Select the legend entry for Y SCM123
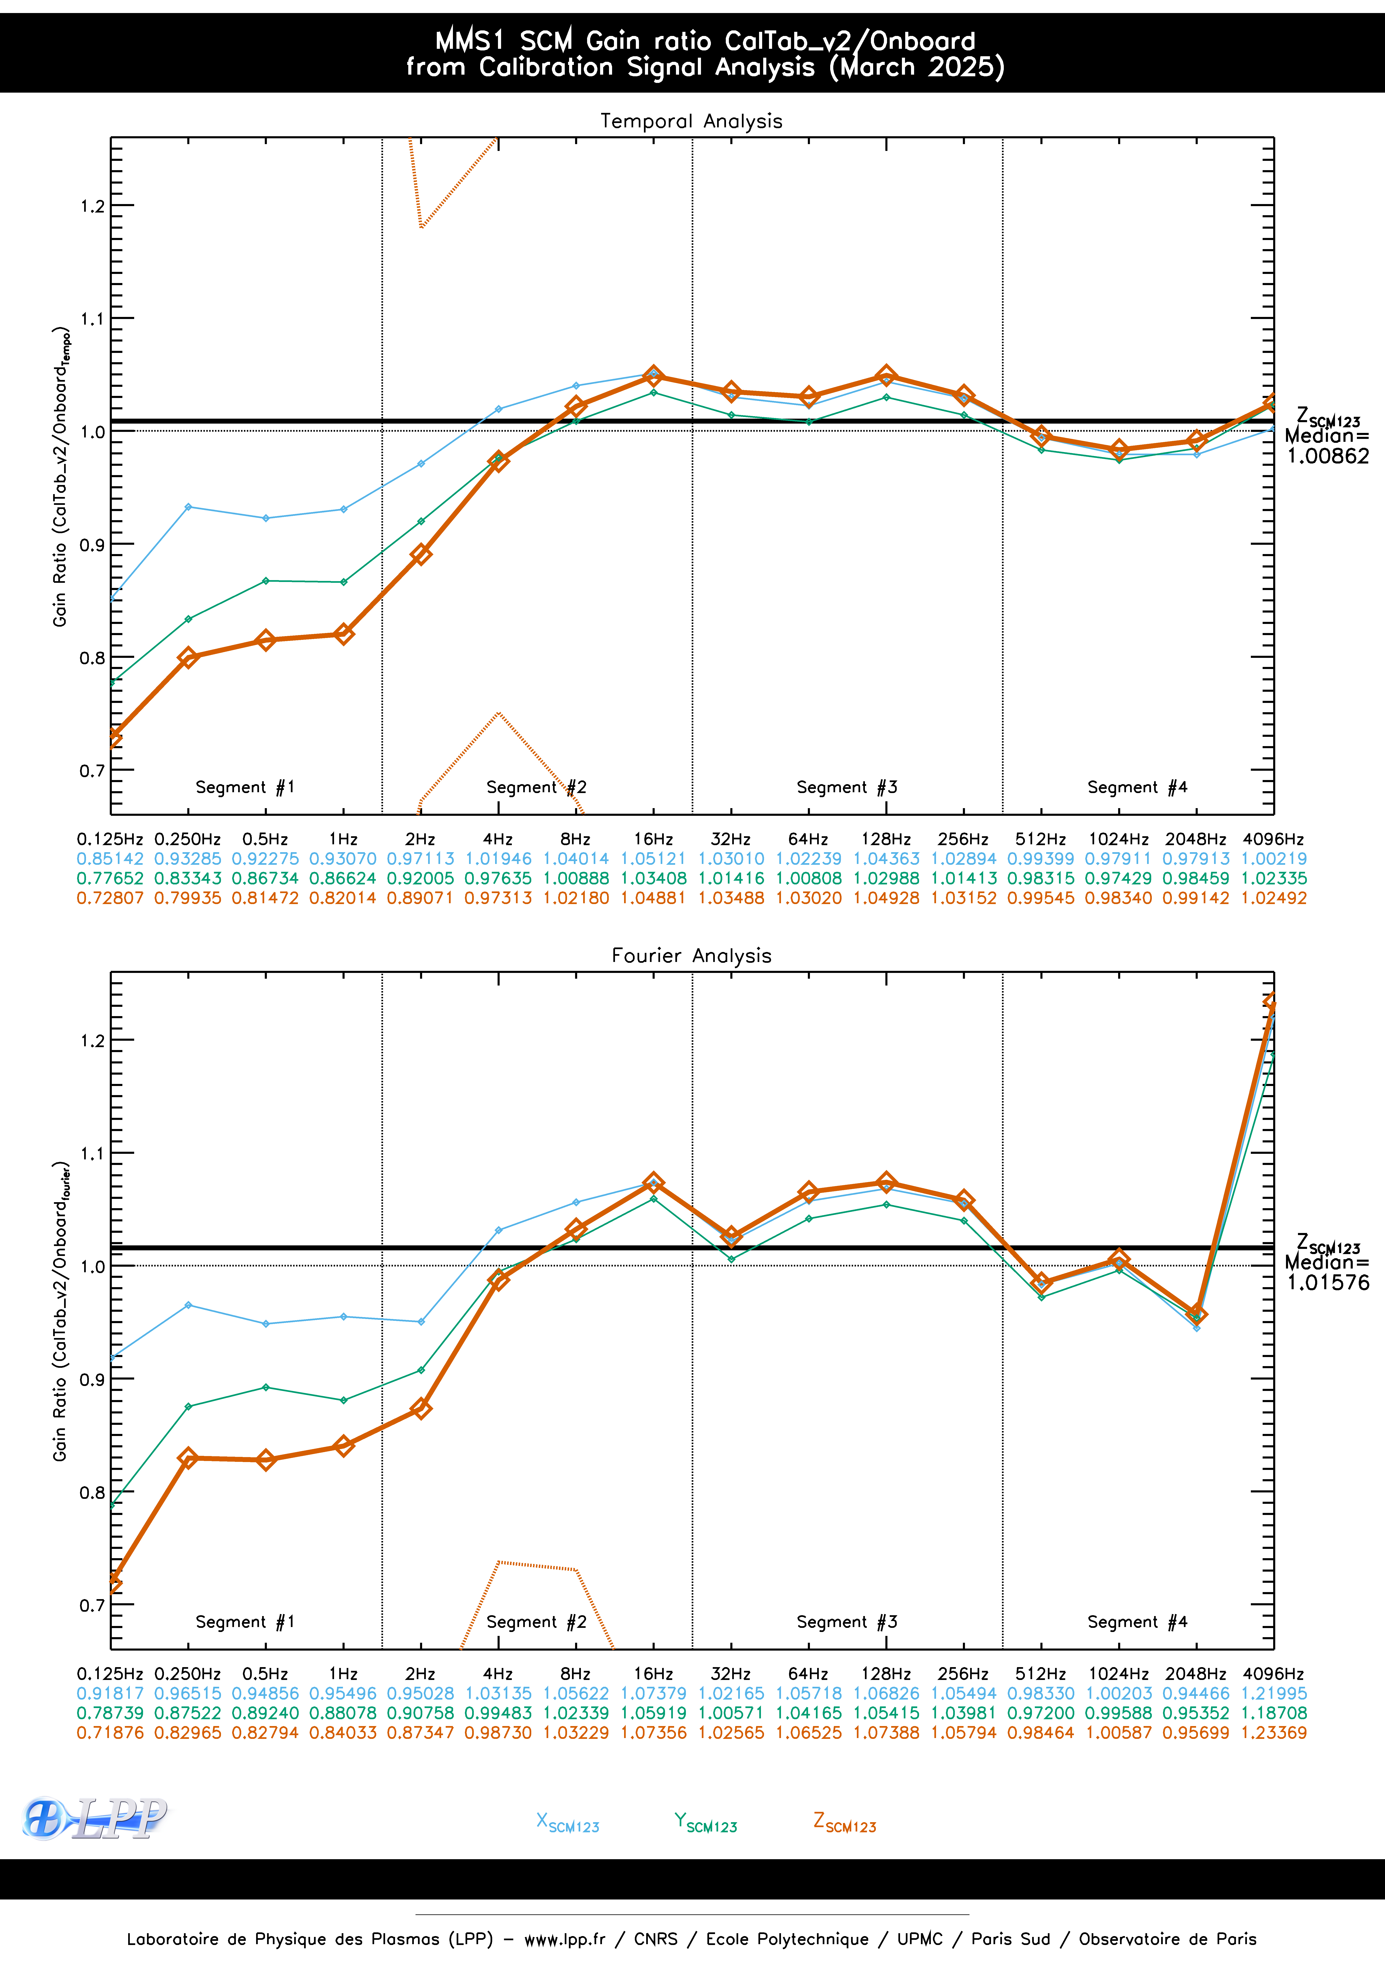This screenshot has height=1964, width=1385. pyautogui.click(x=705, y=1823)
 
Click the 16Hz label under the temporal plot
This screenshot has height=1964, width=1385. pyautogui.click(x=653, y=839)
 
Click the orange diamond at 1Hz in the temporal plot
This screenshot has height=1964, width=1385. pyautogui.click(x=343, y=634)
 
